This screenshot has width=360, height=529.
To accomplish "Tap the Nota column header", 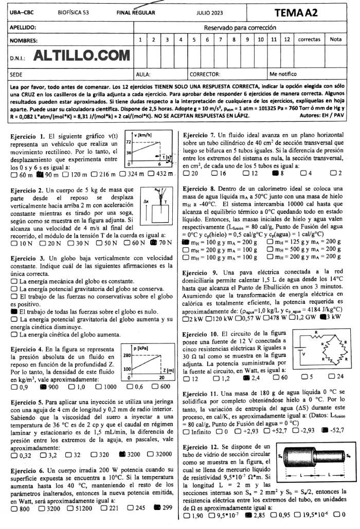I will click(x=335, y=40).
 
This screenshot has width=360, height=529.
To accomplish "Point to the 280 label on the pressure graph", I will click(x=127, y=355).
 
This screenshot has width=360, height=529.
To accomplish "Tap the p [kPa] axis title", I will click(x=141, y=349).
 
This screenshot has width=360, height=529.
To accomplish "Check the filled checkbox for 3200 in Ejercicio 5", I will click(x=122, y=440).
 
